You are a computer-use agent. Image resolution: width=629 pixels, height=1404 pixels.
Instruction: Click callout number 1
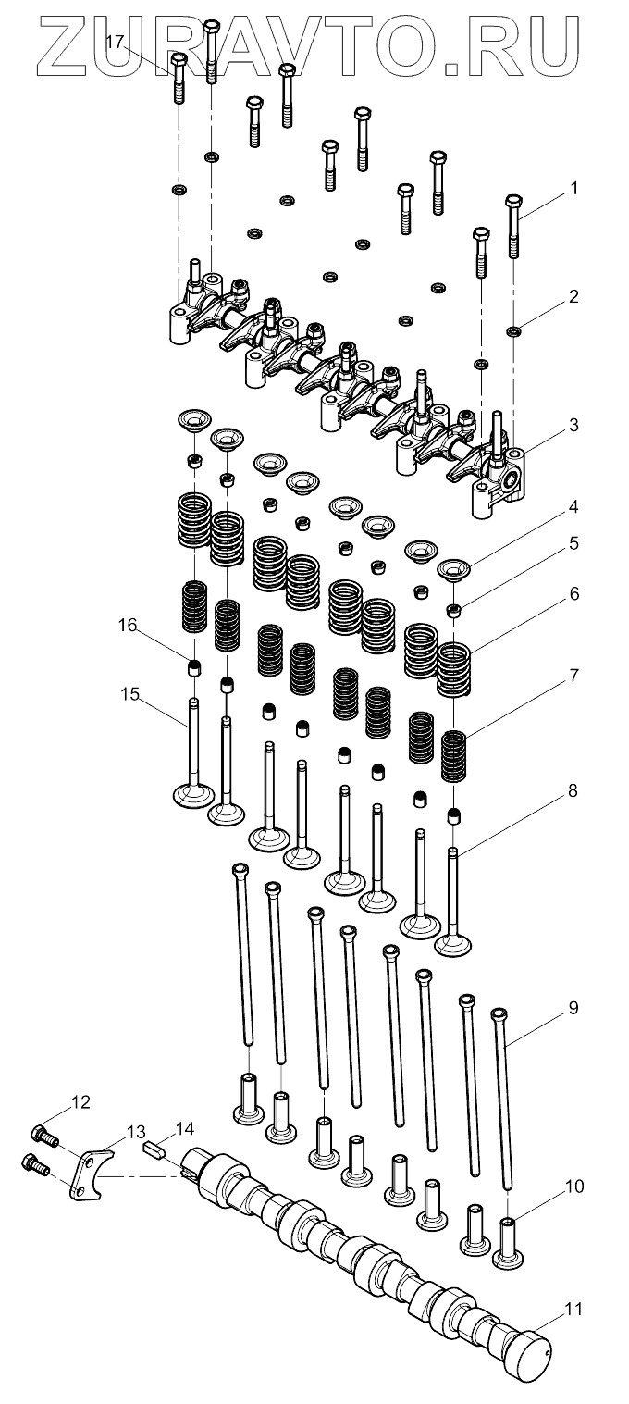tap(573, 188)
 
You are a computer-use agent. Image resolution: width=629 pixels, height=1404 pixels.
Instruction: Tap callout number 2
tap(573, 297)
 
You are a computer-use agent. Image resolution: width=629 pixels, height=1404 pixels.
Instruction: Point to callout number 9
tap(573, 1008)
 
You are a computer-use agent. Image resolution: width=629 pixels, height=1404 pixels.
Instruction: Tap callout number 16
tap(128, 627)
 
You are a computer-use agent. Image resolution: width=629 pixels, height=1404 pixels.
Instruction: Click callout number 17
tap(116, 42)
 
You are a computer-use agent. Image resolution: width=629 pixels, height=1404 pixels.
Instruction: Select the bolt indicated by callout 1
tap(514, 227)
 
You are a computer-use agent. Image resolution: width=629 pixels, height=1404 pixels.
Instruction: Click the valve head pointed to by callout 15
tap(194, 795)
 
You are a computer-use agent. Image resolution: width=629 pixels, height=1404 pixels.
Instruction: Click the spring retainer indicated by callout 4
tap(455, 568)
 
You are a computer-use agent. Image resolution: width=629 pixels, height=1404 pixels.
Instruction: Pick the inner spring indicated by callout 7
tap(453, 756)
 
